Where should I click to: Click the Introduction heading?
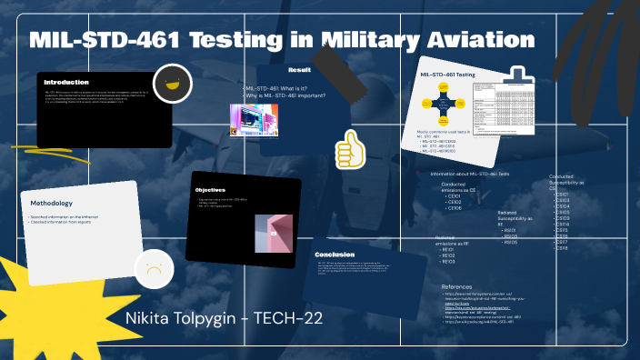pos(66,82)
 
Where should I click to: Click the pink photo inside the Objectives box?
pos(274,234)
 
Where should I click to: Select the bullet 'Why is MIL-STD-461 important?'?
pos(286,95)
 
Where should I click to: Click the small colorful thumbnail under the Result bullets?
pos(254,120)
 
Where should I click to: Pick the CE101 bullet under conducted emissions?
pos(455,195)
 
